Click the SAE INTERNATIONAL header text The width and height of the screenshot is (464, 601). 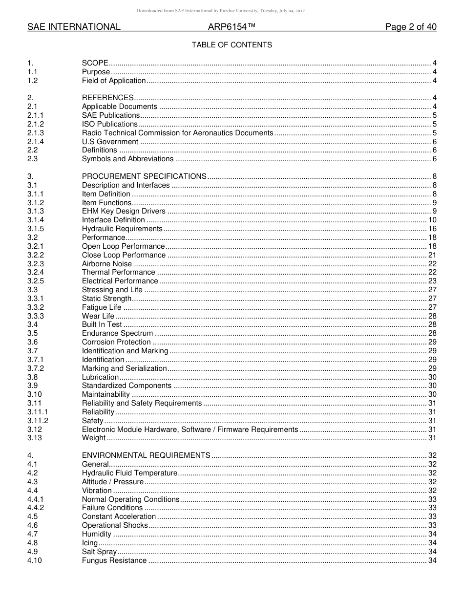[74, 27]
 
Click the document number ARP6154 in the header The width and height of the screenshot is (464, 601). [229, 27]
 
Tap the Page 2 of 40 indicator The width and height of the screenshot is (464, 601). [411, 27]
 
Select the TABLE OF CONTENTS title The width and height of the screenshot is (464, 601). [232, 45]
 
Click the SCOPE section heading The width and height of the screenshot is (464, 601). [95, 63]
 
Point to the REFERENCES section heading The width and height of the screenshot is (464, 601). [107, 98]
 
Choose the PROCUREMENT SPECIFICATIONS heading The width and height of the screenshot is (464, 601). [144, 176]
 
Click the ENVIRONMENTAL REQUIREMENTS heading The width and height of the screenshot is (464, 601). [146, 455]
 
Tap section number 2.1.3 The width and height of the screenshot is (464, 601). [36, 133]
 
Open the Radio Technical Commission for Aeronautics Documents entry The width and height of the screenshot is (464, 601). [177, 133]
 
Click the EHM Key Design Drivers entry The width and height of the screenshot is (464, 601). [124, 211]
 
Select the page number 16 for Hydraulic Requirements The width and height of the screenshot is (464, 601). [432, 229]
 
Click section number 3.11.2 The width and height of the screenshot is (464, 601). [38, 421]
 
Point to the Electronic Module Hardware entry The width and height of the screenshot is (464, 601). [190, 429]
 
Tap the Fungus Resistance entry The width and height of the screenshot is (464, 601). [114, 560]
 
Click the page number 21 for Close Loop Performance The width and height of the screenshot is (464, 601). [432, 255]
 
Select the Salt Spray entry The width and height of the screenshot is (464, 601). [99, 552]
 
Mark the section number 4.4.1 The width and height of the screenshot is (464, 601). [36, 499]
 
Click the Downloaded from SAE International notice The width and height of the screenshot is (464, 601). [220, 10]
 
